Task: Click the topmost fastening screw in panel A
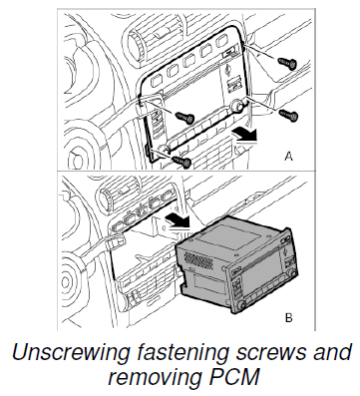[x=287, y=63]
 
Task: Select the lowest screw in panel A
[x=182, y=161]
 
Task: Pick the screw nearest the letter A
[x=288, y=115]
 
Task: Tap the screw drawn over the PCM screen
[x=184, y=117]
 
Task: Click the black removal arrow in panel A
[x=244, y=136]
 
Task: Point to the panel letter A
[x=288, y=156]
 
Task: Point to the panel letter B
[x=288, y=317]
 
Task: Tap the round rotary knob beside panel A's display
[x=236, y=106]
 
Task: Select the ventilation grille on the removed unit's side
[x=198, y=260]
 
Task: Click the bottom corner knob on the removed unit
[x=241, y=305]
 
